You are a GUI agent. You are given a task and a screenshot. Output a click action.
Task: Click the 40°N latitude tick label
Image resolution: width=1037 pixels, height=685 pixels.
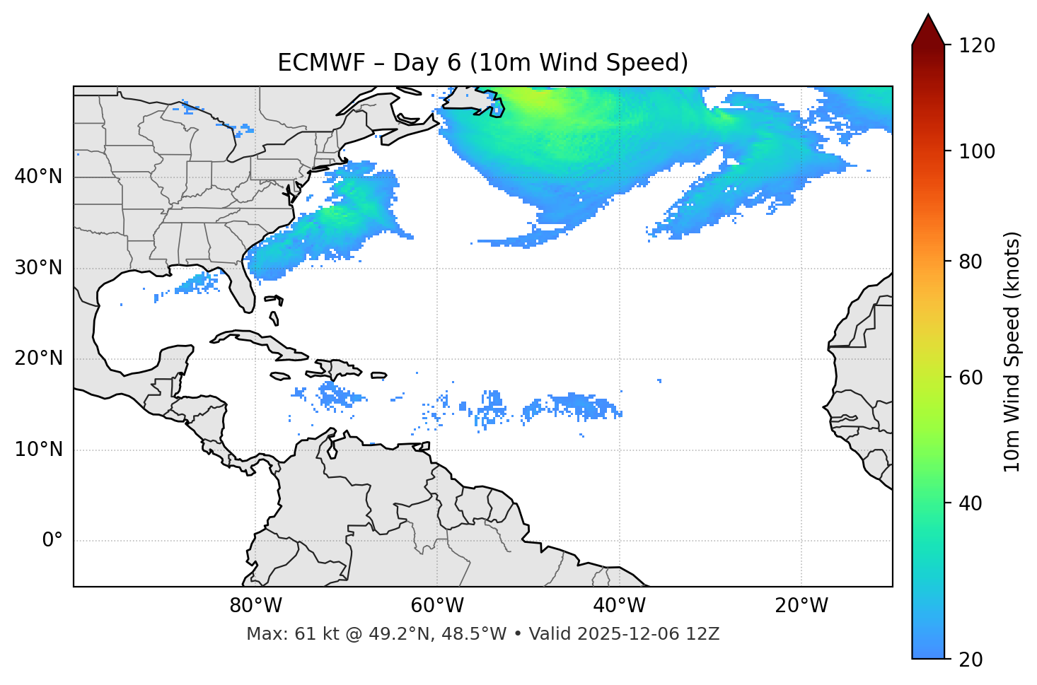tap(38, 177)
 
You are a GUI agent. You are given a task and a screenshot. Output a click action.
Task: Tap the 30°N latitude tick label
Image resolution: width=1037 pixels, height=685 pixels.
tap(38, 268)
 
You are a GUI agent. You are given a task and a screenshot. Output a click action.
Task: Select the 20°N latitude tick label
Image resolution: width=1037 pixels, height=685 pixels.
tap(38, 358)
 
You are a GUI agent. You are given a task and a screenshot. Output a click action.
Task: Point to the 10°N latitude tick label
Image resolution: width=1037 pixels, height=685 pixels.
tap(38, 450)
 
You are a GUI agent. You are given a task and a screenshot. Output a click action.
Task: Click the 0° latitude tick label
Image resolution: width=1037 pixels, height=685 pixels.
tap(52, 541)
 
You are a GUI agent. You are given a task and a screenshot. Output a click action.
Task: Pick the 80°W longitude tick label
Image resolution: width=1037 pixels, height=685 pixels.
tap(255, 606)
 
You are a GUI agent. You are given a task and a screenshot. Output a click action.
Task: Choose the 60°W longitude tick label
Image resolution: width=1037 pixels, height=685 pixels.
tap(437, 606)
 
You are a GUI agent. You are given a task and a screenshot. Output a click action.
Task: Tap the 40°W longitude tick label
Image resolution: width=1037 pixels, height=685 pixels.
tap(619, 606)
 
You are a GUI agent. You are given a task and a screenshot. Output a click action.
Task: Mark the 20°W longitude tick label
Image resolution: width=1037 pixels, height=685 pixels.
tap(801, 606)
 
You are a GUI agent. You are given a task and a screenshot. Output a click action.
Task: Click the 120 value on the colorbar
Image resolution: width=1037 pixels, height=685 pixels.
tap(977, 46)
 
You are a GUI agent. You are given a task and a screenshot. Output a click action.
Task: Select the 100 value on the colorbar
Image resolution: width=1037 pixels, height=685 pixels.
tap(977, 151)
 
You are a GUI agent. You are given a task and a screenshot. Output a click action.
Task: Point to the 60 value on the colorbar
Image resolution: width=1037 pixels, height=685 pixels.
tap(968, 377)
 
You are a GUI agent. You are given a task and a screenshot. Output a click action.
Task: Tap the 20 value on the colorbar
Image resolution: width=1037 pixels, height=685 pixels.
tap(968, 660)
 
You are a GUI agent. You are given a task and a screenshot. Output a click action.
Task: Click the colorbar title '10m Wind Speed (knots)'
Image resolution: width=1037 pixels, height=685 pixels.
tap(1012, 351)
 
